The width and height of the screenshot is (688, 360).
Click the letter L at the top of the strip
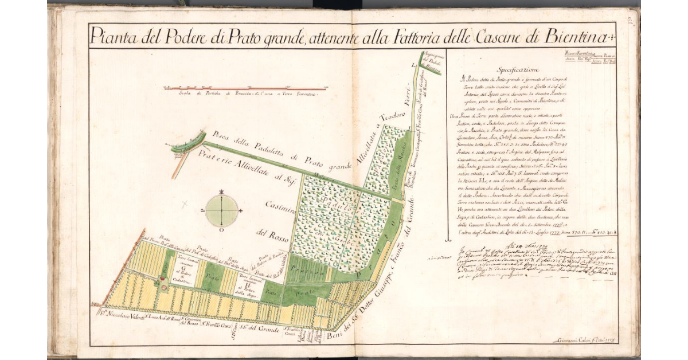(415, 67)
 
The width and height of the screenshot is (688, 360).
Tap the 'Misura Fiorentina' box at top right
(579, 56)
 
